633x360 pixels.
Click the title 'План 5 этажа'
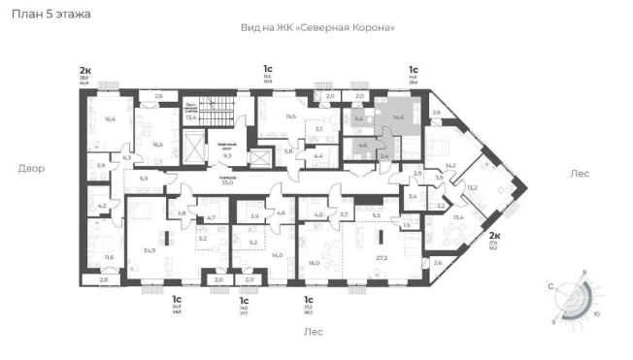(x=50, y=15)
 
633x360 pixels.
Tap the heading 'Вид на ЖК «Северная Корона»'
(x=317, y=28)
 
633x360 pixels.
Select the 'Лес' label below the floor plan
(x=313, y=331)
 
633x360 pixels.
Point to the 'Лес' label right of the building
(x=581, y=173)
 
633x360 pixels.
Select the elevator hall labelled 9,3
(x=226, y=154)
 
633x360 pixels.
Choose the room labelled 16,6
(x=156, y=144)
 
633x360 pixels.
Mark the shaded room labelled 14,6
(x=398, y=117)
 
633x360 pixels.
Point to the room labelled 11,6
(x=108, y=257)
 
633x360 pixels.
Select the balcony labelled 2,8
(x=105, y=279)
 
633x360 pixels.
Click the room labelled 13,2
(x=472, y=188)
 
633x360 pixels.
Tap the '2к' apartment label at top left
(x=85, y=70)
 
